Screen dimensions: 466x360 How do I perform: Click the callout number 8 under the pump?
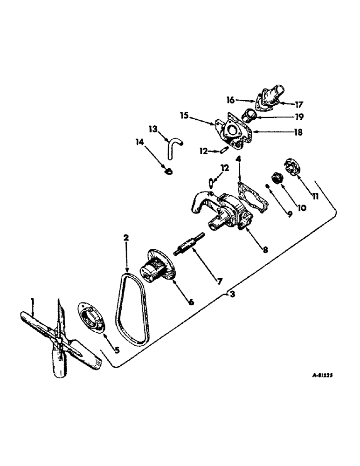264,249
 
